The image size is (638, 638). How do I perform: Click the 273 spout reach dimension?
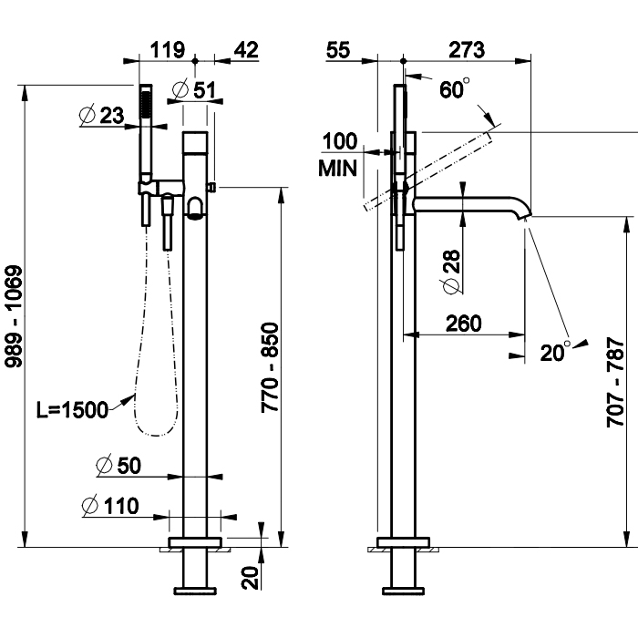[466, 49]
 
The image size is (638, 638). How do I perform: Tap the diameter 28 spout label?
[450, 273]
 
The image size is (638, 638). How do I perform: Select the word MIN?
[336, 168]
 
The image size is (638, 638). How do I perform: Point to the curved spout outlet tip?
[525, 215]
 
